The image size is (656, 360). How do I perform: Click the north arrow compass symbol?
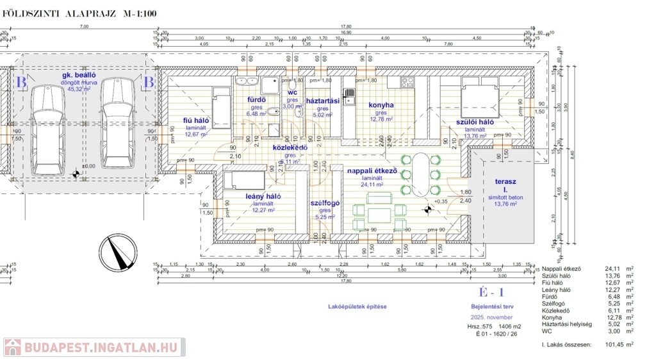(115, 252)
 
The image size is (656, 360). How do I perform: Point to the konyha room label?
(381, 105)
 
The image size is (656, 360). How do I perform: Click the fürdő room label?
(256, 100)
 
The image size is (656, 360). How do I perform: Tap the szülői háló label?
(475, 122)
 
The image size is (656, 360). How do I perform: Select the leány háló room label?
(263, 196)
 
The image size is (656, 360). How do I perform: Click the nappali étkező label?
(372, 171)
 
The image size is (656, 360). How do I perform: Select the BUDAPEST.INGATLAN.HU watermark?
(94, 347)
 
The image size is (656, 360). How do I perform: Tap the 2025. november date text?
(491, 317)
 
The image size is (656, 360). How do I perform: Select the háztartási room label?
(322, 101)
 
